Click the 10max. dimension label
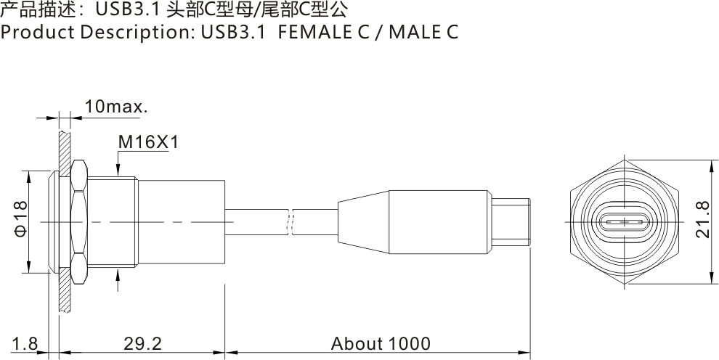pyautogui.click(x=116, y=107)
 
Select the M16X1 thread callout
pyautogui.click(x=148, y=142)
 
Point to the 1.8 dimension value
pyautogui.click(x=25, y=343)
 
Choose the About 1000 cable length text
pyautogui.click(x=380, y=343)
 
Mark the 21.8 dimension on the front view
pyautogui.click(x=702, y=220)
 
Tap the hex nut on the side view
pyautogui.click(x=78, y=221)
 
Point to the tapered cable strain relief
pyautogui.click(x=363, y=221)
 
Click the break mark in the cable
pyautogui.click(x=291, y=222)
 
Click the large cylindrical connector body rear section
pyautogui.click(x=182, y=221)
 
